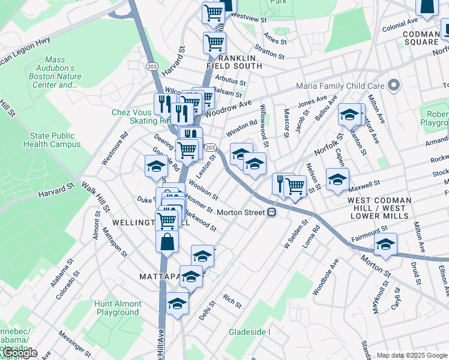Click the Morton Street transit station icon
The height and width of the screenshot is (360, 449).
point(272,212)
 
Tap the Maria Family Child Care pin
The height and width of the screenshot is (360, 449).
point(393,85)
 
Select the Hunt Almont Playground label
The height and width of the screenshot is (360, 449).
point(118,308)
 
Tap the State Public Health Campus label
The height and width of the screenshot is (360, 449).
point(52,140)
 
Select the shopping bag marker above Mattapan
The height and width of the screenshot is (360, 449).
point(167,242)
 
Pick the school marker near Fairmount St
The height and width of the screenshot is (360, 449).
point(385,244)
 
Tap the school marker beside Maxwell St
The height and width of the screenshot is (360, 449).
point(337,178)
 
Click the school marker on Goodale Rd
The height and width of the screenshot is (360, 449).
point(155,166)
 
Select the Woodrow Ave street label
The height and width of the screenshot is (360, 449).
point(228,108)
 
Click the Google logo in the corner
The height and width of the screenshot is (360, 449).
point(19,353)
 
